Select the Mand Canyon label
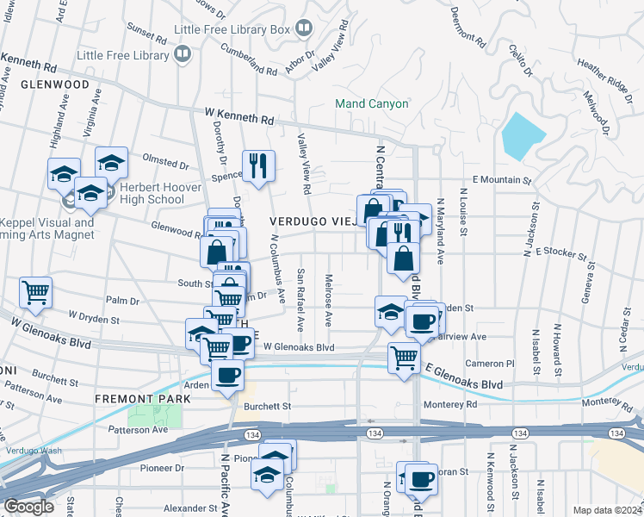coord(371,104)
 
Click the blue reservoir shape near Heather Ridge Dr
coord(523,134)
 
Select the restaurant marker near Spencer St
coord(258,165)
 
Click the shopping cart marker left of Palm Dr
coord(35,293)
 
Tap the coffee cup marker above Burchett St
coord(227,374)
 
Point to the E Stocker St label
coord(560,254)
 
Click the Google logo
coord(28,507)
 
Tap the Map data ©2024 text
coord(607,510)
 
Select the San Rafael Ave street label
coord(301,300)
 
